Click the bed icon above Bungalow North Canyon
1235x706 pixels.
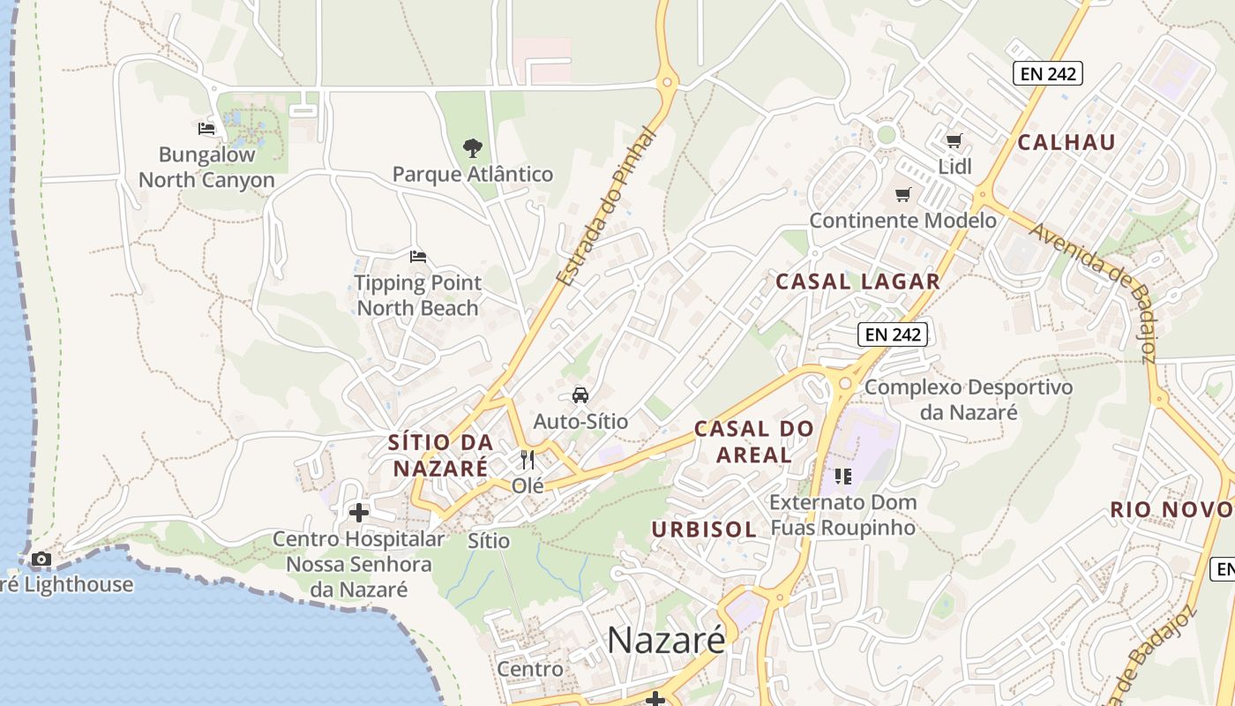coord(206,129)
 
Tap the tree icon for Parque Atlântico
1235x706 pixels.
coord(473,147)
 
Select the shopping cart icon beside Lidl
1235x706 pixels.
coord(954,140)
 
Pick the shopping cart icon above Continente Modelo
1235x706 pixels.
coord(902,194)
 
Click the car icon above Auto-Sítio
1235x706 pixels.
coord(580,394)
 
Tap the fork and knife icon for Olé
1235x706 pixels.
coord(528,459)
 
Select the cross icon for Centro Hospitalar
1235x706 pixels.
coord(358,512)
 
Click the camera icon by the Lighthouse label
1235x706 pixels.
coord(41,559)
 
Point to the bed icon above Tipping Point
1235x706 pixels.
coord(418,257)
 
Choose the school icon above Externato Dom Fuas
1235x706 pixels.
coord(842,477)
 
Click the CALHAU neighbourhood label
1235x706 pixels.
coord(1067,142)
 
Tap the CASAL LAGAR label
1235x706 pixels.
coord(857,282)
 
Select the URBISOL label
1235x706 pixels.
coord(704,529)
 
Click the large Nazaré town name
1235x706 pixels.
coord(666,640)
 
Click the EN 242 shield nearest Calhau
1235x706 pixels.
coord(1047,73)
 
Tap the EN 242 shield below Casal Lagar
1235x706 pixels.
coord(893,334)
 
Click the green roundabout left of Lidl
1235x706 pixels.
coord(887,135)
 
